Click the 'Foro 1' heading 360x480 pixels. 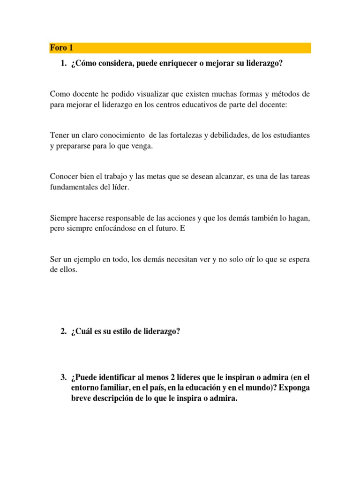pos(61,48)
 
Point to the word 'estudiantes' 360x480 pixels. pos(291,135)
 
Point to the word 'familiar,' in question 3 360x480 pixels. pos(119,388)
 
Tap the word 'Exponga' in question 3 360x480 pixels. pos(294,388)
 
